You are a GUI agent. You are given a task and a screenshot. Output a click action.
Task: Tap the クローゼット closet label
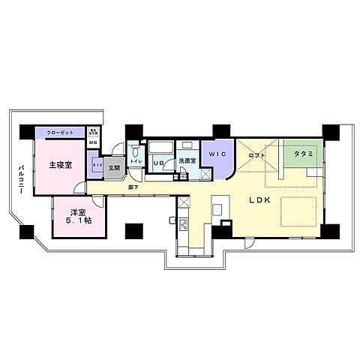(x=60, y=132)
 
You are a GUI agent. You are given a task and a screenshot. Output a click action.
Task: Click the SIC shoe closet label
(x=97, y=165)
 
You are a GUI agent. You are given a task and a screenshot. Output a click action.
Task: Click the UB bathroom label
(x=158, y=163)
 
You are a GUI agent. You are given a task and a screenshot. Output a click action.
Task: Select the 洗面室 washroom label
(x=187, y=160)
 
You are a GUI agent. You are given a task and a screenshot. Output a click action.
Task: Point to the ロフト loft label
(x=257, y=154)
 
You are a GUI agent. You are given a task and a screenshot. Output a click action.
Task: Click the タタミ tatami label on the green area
(x=303, y=153)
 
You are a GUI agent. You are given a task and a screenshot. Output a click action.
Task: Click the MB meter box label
(x=93, y=142)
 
